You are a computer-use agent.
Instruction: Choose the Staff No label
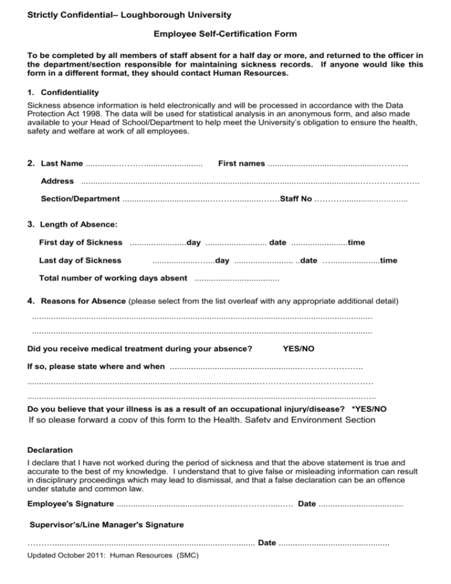(x=295, y=199)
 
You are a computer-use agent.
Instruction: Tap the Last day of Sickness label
(x=80, y=260)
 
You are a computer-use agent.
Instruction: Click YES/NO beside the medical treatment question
(x=298, y=349)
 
